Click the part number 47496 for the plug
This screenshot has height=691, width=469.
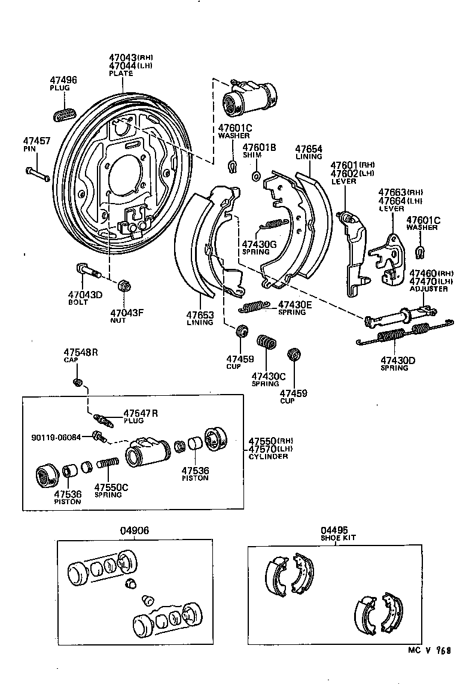point(63,80)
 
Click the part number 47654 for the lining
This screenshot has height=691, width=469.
point(309,148)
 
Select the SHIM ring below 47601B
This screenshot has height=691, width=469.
point(256,176)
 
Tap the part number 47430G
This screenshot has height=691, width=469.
point(258,244)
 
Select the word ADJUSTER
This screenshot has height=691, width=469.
point(428,289)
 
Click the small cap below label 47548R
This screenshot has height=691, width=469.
point(77,382)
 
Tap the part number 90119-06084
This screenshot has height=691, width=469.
point(55,437)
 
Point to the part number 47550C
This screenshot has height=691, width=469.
point(111,487)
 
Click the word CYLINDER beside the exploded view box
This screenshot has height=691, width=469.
point(268,456)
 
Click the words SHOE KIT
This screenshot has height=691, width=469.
point(337,538)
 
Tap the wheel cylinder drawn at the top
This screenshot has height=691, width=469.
point(248,96)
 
